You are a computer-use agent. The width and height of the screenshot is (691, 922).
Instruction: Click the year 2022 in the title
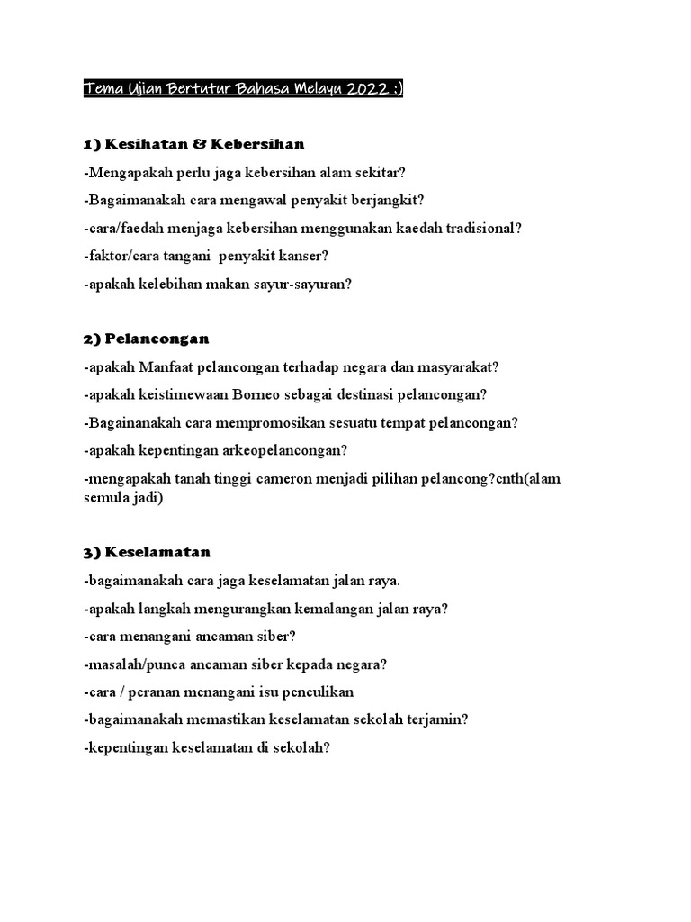(x=358, y=89)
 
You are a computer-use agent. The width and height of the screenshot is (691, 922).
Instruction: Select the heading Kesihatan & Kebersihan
(x=205, y=144)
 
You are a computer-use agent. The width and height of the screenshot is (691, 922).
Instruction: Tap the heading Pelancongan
(x=157, y=339)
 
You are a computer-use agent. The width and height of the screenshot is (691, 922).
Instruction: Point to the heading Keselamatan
(x=157, y=551)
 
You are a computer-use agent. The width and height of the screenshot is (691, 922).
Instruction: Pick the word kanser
(x=295, y=256)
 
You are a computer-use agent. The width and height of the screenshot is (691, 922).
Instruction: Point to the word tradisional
(x=475, y=228)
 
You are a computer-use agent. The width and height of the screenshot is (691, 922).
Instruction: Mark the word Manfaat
(x=172, y=366)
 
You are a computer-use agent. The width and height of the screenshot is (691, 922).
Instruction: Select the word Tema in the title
(x=103, y=89)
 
